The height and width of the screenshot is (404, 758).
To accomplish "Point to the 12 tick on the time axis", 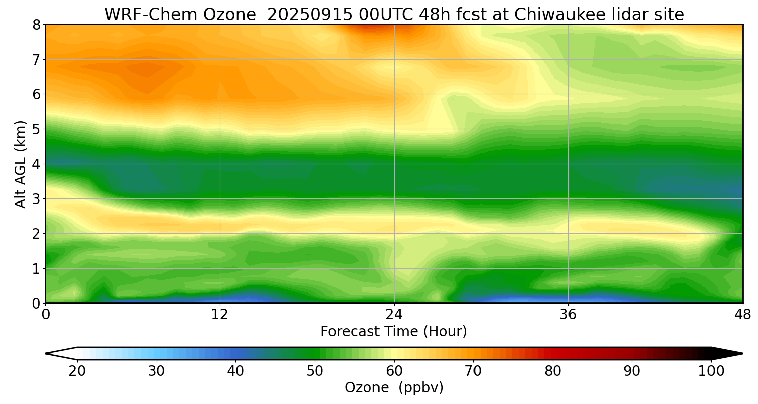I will pos(220,314).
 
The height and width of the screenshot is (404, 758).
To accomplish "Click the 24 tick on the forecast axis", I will pos(394,314).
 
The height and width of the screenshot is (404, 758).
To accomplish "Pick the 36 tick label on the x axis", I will pos(568,314).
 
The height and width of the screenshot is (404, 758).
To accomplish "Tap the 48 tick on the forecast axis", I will pos(743,314).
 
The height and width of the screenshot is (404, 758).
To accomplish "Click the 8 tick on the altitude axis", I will pos(36,25).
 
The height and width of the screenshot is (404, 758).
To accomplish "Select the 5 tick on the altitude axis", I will pos(36,129).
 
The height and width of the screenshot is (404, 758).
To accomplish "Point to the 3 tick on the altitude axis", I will pos(36,199).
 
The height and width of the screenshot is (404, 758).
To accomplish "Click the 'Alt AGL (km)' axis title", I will pos(20,164).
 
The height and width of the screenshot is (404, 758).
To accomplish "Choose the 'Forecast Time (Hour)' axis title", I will pos(394,332).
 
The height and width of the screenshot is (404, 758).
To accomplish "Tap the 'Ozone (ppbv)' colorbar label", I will pos(394,388).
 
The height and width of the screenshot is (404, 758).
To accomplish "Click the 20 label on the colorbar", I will pos(77,371).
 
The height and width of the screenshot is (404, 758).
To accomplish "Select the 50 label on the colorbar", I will pos(315,371).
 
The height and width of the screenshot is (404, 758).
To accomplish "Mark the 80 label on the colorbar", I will pos(552,371).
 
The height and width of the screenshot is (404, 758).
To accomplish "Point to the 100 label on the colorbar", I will pos(711,371).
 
